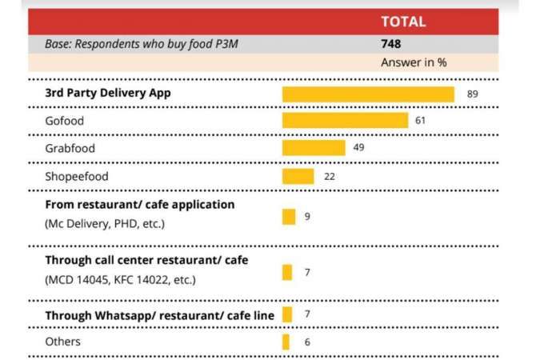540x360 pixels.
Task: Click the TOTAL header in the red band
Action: tap(403, 22)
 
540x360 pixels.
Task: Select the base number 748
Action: tap(390, 44)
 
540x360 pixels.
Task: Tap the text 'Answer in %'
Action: tap(413, 62)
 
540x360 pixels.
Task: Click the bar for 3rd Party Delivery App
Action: tap(368, 94)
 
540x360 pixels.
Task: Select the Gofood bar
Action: tap(345, 121)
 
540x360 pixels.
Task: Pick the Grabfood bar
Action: tap(314, 148)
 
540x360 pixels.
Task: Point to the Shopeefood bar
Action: tap(298, 176)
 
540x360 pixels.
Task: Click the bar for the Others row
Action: tap(286, 342)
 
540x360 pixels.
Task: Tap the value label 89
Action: tap(472, 94)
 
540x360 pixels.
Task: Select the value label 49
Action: tap(358, 148)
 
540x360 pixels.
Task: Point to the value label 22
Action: tap(329, 176)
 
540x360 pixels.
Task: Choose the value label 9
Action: tap(307, 216)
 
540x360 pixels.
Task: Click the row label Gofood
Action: tap(65, 121)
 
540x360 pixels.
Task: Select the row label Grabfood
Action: tap(70, 149)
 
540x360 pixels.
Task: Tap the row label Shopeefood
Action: tap(76, 176)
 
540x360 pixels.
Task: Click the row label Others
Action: tap(62, 342)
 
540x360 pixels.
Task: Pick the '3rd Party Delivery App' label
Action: tap(108, 94)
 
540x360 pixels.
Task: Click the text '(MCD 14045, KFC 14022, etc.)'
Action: tap(120, 280)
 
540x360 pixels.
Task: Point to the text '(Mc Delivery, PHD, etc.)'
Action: tap(105, 223)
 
